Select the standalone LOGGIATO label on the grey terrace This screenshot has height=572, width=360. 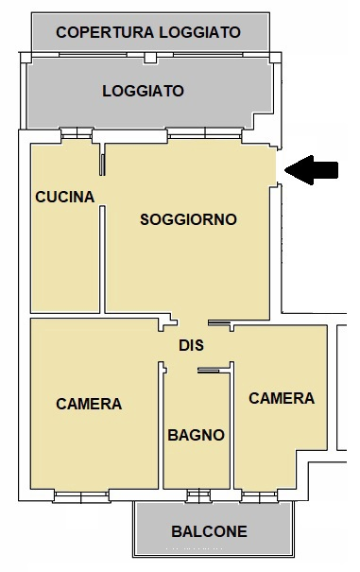pyautogui.click(x=143, y=92)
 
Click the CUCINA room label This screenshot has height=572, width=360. pyautogui.click(x=64, y=198)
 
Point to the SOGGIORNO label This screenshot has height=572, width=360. pyautogui.click(x=188, y=219)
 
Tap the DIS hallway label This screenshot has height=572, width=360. pyautogui.click(x=192, y=346)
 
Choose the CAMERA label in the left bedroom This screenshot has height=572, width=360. pyautogui.click(x=89, y=404)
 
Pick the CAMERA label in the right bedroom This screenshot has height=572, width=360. pyautogui.click(x=281, y=398)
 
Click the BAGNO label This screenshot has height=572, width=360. pyautogui.click(x=196, y=435)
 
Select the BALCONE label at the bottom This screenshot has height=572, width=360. pyautogui.click(x=209, y=531)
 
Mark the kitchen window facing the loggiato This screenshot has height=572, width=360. pyautogui.click(x=76, y=134)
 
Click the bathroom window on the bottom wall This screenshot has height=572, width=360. pyautogui.click(x=197, y=494)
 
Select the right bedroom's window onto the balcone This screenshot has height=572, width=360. pyautogui.click(x=256, y=494)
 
